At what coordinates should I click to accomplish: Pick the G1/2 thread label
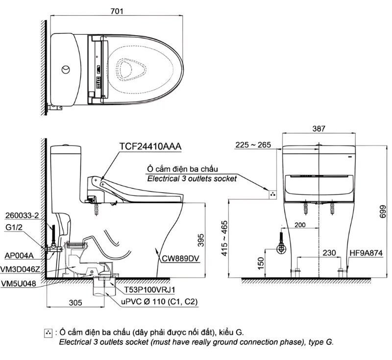coord(15,228)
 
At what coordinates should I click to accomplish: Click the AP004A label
coord(18,255)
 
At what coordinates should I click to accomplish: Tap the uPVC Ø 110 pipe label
coord(159,302)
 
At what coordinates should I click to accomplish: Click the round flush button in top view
coord(65,70)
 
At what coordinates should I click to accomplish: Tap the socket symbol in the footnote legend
coord(48,333)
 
